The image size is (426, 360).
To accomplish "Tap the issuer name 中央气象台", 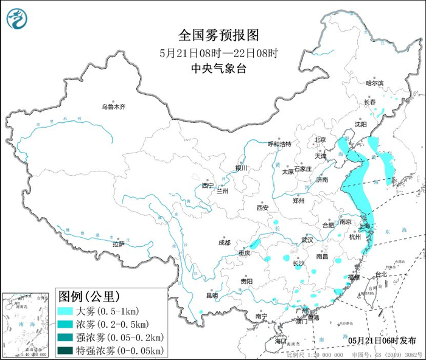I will coord(212,68).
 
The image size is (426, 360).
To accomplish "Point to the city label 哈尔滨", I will coord(374,83).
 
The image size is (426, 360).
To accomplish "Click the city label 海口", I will coord(281,342).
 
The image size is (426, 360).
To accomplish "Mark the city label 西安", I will coord(262,207).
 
